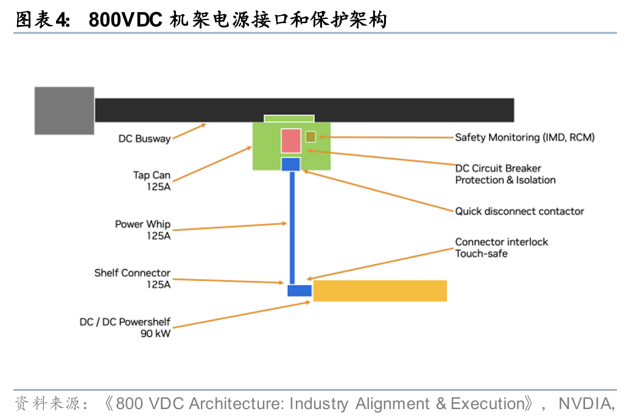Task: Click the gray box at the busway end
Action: click(65, 110)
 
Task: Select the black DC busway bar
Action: click(304, 110)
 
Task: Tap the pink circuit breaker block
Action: click(291, 141)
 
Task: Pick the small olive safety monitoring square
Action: click(310, 137)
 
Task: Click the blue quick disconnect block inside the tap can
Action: click(291, 164)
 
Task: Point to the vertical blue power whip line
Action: click(292, 228)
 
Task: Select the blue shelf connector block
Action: click(300, 291)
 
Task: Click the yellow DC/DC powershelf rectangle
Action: click(380, 291)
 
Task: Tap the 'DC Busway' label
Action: click(144, 139)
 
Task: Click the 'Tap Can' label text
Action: click(152, 176)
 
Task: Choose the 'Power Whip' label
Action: click(143, 224)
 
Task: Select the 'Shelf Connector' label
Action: click(132, 273)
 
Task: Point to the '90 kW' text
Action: click(155, 333)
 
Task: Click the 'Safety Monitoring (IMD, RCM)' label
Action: click(525, 137)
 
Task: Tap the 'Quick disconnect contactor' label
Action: click(520, 211)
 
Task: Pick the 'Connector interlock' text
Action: click(502, 241)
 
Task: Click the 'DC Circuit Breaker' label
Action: click(498, 168)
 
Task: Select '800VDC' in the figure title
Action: click(125, 19)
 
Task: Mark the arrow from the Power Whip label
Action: click(230, 227)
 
